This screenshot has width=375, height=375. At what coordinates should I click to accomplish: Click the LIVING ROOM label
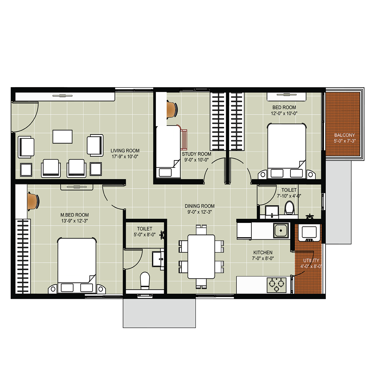tap(125, 151)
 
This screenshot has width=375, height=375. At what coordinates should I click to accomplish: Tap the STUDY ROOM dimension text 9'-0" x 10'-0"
tap(197, 160)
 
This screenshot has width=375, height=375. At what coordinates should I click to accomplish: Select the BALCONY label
tap(344, 135)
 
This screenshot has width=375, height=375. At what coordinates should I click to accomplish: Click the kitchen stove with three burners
tap(276, 285)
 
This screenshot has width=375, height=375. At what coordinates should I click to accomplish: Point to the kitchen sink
tap(281, 230)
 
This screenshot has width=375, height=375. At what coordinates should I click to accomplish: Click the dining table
tap(201, 257)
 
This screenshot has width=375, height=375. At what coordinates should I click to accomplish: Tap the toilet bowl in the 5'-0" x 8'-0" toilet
tap(145, 280)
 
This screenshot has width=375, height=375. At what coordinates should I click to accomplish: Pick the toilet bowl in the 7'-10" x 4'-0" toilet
tap(289, 207)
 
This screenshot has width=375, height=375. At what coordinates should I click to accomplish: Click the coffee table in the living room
tap(63, 137)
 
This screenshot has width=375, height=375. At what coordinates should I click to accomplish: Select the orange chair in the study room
tap(172, 109)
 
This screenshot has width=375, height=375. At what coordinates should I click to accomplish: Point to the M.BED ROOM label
tap(75, 215)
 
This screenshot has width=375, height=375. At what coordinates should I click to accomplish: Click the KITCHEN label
tap(263, 253)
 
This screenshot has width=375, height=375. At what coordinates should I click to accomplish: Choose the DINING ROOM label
tap(200, 206)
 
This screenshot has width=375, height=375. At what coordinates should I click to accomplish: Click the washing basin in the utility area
tap(309, 233)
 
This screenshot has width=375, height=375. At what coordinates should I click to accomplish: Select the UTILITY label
tap(311, 261)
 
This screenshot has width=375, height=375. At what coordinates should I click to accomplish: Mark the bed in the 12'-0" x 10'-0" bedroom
tap(287, 151)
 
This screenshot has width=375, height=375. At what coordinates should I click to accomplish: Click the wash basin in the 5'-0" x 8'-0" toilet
tap(158, 259)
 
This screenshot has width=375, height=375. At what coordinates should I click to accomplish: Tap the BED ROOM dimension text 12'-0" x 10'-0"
tap(284, 113)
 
